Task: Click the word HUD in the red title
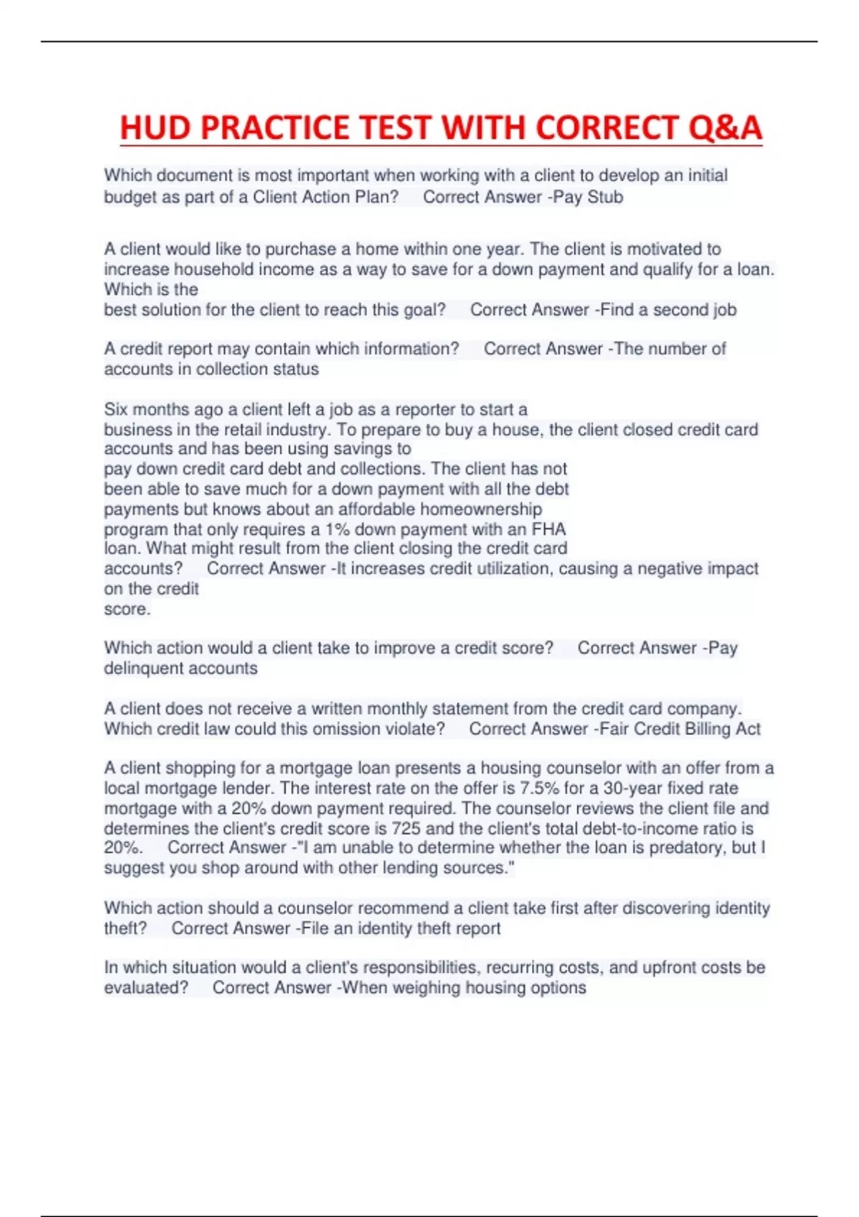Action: [x=155, y=128]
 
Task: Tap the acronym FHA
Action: [x=548, y=530]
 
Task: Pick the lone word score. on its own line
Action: [x=127, y=609]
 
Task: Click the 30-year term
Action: [x=632, y=788]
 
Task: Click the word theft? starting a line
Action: [x=125, y=928]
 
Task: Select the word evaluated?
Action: [x=146, y=988]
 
